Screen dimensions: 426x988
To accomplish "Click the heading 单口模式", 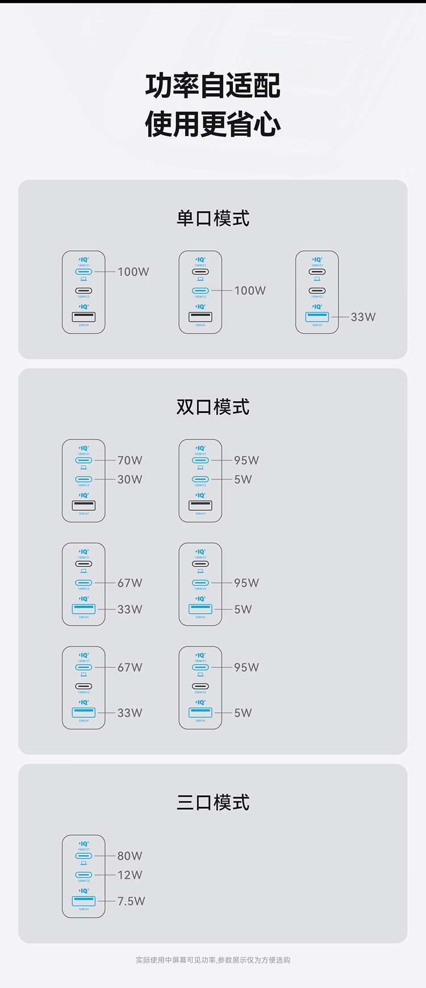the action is point(213,218).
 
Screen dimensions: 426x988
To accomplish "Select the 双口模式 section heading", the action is point(213,407).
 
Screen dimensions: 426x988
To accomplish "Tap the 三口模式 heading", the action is point(213,803).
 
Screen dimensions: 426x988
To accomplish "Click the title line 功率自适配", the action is point(213,86).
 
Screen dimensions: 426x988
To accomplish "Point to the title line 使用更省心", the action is point(213,124).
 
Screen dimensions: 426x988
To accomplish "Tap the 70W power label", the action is point(130,460).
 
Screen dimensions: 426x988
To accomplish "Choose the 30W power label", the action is point(130,479).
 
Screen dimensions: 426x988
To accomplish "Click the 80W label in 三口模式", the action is point(130,856).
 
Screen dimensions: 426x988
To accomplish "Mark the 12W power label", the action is point(130,875).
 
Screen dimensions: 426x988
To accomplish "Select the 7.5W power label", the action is point(131,901).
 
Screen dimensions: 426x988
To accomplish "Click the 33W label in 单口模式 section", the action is point(363,317).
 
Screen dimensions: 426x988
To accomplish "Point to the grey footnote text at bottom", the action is point(213,960).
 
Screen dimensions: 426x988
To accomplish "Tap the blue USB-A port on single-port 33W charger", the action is point(317,316).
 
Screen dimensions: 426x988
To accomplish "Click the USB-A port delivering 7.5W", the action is point(83,900).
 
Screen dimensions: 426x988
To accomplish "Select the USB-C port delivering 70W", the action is point(83,460).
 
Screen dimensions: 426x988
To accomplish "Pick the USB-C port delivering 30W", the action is point(83,479).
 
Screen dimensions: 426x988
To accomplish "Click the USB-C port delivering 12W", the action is point(83,875).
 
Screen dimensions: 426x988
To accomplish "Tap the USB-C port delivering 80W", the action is point(83,856).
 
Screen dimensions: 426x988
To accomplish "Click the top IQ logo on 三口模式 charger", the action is point(84,844).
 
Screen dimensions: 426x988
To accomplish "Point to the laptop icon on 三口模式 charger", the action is point(83,863).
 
